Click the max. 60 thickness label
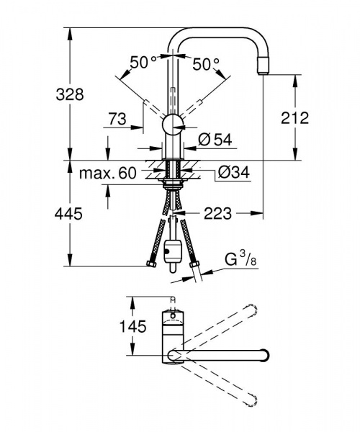(107, 174)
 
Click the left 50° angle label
(142, 63)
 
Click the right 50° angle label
(206, 63)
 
